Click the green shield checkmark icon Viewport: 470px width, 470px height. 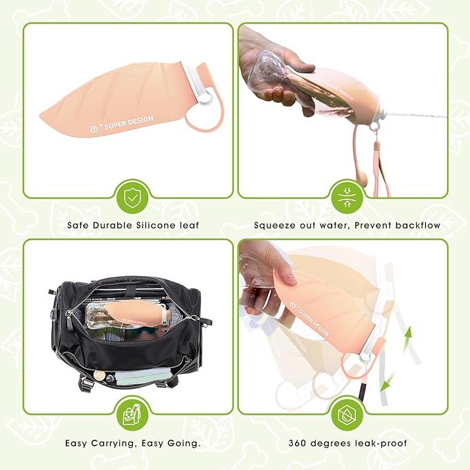(x=132, y=198)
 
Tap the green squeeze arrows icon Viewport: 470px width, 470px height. (x=347, y=198)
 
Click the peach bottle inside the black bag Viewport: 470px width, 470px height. (x=141, y=314)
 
